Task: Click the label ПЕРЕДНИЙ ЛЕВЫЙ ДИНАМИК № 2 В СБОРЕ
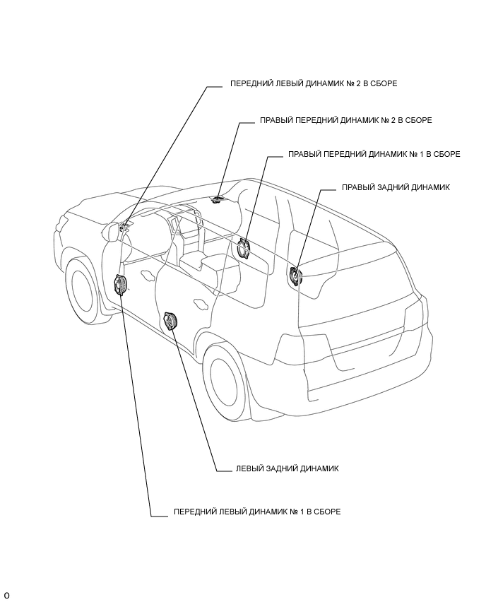[313, 83]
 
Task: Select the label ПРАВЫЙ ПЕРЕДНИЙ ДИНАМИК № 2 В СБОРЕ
[346, 120]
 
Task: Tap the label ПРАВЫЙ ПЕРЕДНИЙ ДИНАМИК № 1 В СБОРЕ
[374, 154]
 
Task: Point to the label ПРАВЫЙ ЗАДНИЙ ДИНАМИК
[396, 187]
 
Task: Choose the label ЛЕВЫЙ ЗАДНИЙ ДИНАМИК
[287, 468]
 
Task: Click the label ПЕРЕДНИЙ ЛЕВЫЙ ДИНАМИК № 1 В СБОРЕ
[257, 512]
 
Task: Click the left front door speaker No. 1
[121, 285]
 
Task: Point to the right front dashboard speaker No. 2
[218, 199]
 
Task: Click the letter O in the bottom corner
[6, 596]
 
